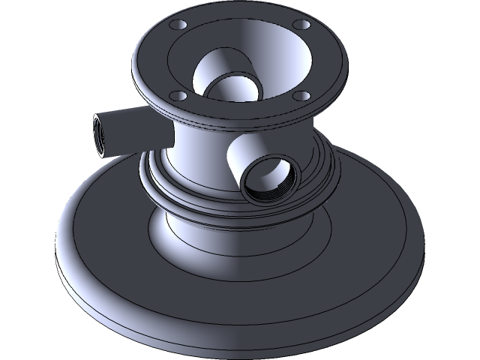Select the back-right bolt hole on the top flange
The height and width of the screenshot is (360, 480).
301,25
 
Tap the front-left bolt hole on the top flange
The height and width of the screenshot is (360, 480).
177,95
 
